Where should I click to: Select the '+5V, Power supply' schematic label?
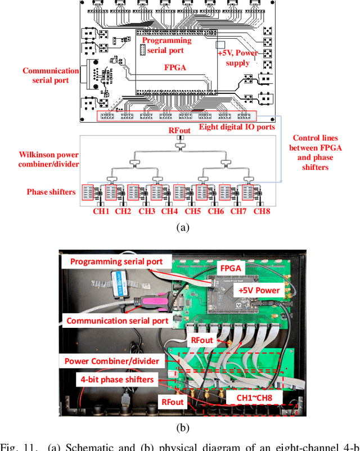(x=237, y=57)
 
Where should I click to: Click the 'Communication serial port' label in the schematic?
(x=51, y=75)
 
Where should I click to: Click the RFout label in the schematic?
(x=180, y=130)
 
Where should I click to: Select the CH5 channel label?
(x=192, y=211)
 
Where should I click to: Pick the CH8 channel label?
(x=262, y=211)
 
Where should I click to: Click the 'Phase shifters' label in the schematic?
(x=51, y=192)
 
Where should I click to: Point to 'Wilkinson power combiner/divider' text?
(x=49, y=159)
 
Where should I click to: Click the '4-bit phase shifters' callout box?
(x=117, y=380)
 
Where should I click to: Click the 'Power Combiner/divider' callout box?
(x=111, y=362)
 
